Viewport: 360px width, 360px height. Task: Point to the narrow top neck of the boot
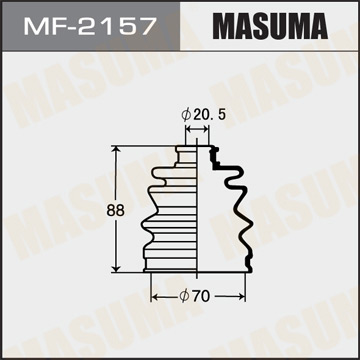191,151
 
